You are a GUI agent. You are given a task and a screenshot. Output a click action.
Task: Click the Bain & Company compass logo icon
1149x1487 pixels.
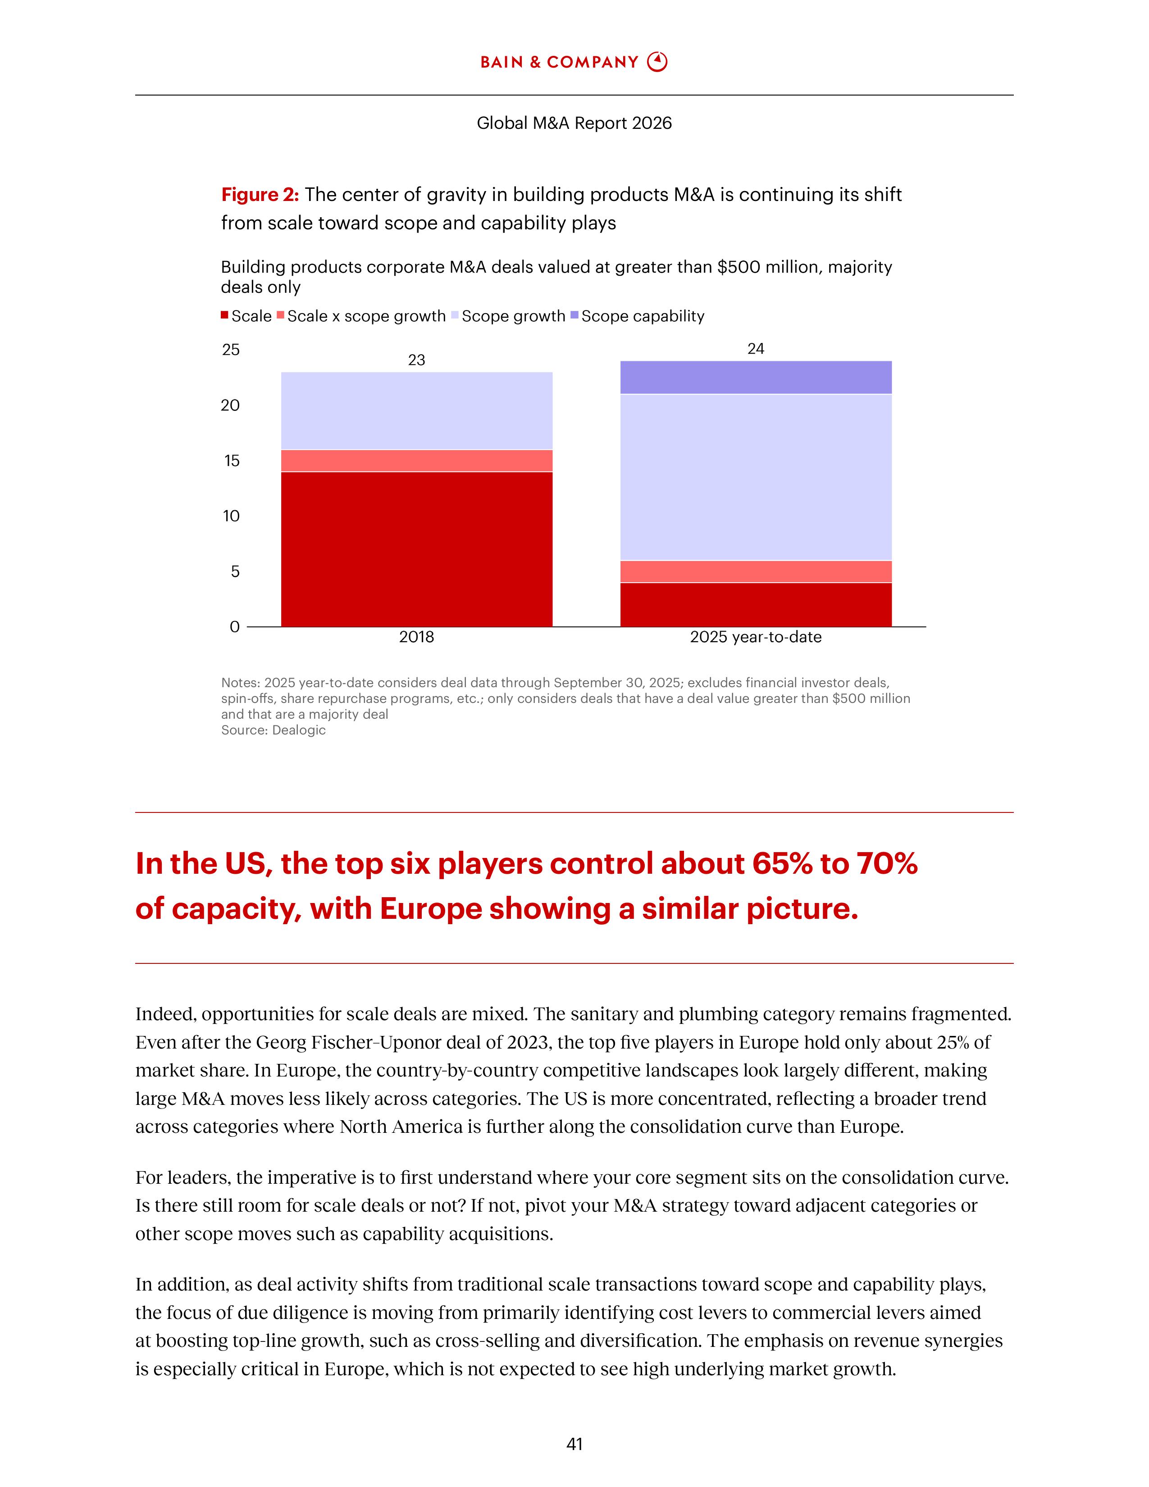(657, 62)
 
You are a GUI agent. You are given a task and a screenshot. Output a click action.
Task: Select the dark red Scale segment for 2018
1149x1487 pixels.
(417, 549)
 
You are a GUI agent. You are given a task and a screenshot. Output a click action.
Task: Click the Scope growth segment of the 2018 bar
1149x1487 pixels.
(417, 411)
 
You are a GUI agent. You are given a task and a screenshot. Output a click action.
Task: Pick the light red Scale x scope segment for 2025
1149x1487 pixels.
(756, 571)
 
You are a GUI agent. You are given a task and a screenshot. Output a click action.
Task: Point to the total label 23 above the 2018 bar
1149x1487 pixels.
(417, 360)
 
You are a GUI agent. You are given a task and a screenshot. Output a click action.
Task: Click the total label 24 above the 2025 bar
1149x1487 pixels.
(756, 349)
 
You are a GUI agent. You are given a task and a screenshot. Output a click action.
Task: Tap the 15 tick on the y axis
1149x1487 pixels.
(232, 461)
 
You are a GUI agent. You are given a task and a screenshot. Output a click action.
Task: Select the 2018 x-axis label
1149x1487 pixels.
(417, 637)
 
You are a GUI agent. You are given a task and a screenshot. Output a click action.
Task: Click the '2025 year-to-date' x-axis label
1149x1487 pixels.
(756, 637)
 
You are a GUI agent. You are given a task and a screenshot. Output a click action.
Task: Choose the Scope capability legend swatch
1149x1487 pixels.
(574, 316)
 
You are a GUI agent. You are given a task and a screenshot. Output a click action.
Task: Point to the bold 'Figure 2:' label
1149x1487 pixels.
(260, 195)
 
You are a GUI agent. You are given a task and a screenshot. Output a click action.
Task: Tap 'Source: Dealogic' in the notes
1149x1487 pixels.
(273, 730)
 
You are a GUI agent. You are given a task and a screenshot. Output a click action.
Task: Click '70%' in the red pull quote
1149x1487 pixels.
(887, 863)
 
